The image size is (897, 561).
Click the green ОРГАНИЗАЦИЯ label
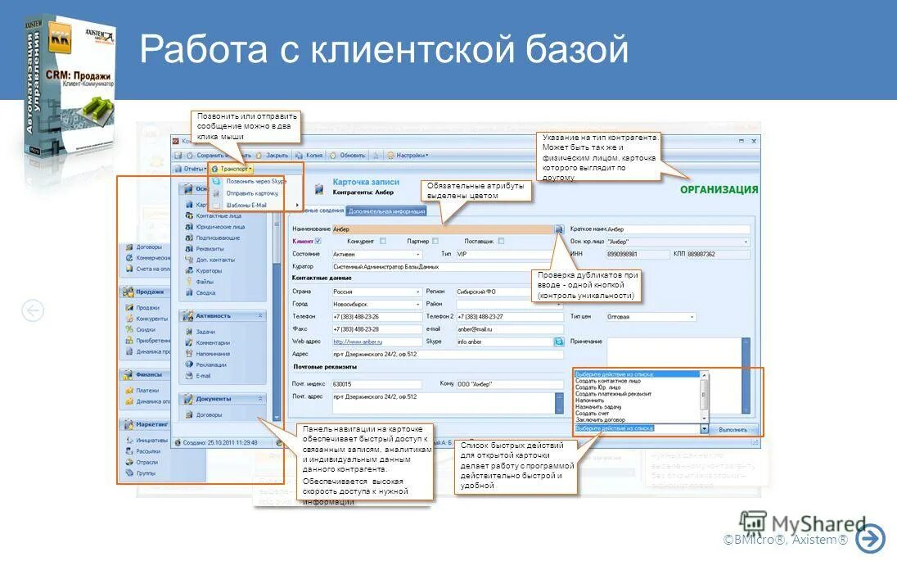click(x=719, y=190)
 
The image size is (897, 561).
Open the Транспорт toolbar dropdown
click(x=237, y=168)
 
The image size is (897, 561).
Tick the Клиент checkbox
click(x=318, y=242)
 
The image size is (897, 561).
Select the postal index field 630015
click(x=376, y=383)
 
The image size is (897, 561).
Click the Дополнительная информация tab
click(x=386, y=210)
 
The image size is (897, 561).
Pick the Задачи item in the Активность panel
click(x=207, y=332)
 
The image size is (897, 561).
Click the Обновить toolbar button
click(x=352, y=155)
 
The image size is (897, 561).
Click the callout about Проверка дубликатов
click(x=586, y=285)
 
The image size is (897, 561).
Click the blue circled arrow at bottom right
click(x=870, y=538)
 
